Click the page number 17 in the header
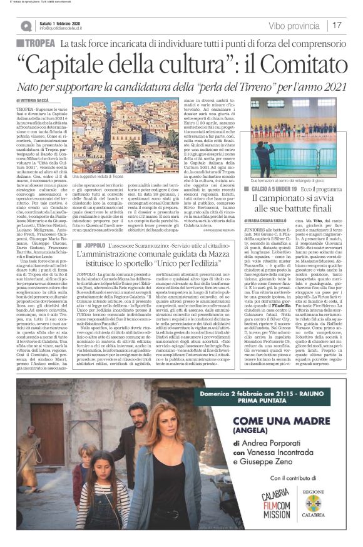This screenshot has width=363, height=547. [337, 26]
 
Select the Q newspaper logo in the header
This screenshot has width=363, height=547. [27, 26]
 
